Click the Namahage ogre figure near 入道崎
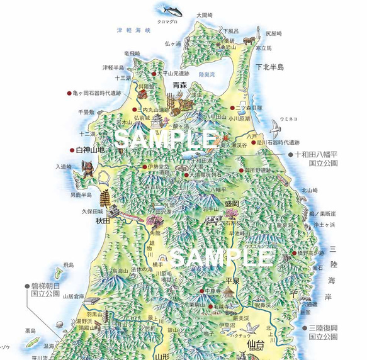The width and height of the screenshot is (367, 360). pos(88,170)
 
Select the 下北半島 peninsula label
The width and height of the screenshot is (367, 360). pos(269,66)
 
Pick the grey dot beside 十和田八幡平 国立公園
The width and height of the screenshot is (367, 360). pos(290,154)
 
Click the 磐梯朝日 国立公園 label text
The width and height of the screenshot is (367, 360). pos(43,289)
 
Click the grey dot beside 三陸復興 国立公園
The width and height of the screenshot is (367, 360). pos(303,328)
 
